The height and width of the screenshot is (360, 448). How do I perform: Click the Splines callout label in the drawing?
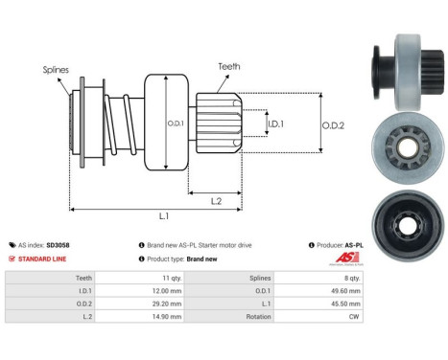tap(55, 69)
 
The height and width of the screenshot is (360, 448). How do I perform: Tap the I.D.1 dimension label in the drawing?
tap(273, 124)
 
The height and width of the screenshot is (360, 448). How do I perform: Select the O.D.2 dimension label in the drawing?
tap(333, 123)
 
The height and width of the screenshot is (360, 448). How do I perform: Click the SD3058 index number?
tap(84, 245)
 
